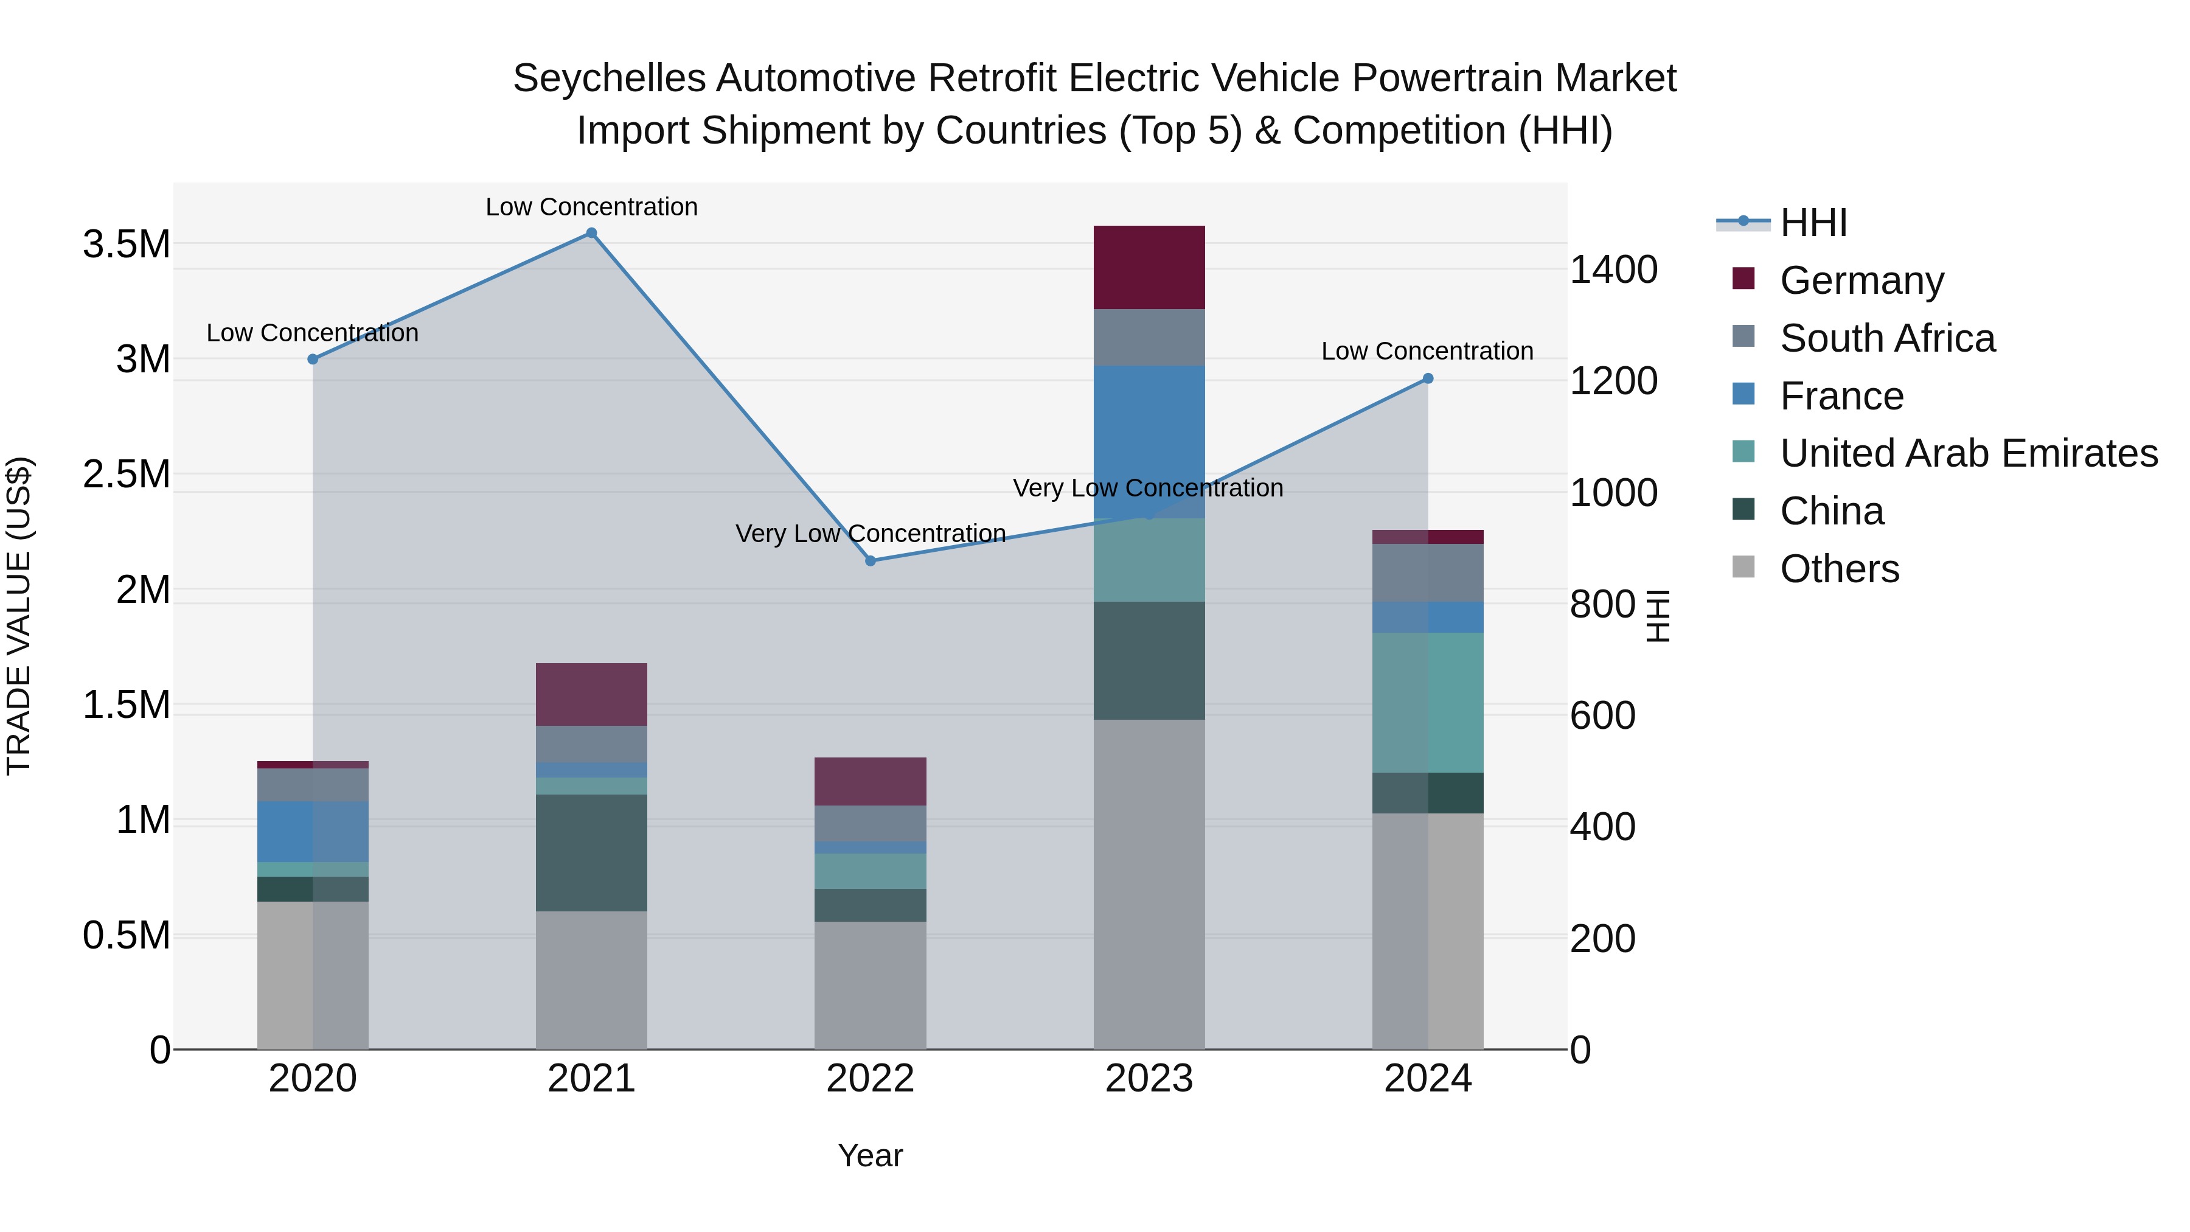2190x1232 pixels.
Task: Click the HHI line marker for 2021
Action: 592,233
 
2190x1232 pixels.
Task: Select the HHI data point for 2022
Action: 870,561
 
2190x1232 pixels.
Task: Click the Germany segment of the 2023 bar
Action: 1149,267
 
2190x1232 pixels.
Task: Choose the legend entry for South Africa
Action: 1886,338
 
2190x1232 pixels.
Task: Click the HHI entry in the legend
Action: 1813,223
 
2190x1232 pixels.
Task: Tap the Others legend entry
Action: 1839,569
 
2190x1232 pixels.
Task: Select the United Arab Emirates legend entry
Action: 1968,453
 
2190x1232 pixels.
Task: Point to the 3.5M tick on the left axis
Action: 126,245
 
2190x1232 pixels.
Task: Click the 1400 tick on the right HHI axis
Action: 1613,270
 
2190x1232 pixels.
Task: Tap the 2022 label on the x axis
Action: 870,1079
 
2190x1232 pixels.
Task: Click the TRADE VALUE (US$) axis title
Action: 19,616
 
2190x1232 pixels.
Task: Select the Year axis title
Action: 870,1155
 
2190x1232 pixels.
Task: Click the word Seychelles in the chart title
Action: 609,78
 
